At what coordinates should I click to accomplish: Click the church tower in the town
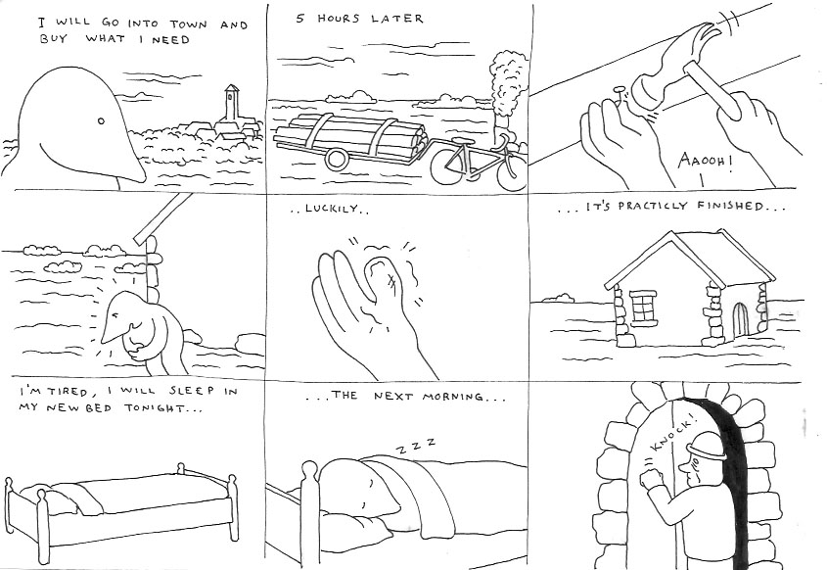point(231,103)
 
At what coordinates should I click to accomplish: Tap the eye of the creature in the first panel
point(100,121)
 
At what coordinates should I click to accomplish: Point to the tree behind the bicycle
point(503,88)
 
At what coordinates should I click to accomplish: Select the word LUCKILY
point(323,211)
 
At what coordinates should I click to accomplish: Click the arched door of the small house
point(740,319)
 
